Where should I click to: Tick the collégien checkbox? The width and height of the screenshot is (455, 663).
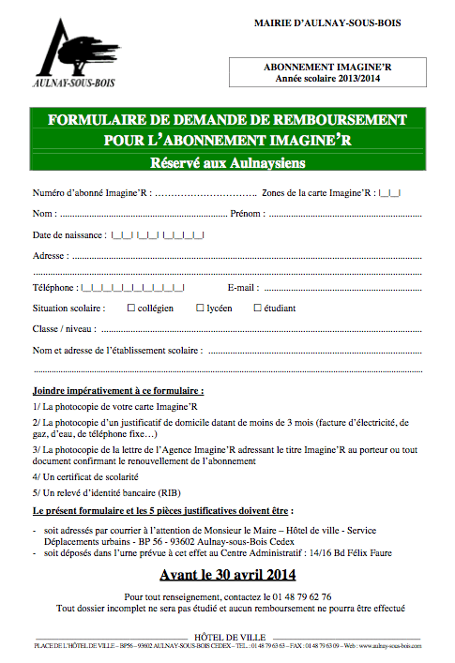(130, 308)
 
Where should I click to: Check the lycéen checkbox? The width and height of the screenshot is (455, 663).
(199, 308)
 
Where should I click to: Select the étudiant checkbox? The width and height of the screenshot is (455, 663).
(257, 308)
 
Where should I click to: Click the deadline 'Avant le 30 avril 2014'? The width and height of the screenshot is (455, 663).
(227, 574)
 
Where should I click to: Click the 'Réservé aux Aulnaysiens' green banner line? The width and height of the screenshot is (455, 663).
(227, 163)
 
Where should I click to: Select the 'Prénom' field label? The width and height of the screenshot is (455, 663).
(245, 213)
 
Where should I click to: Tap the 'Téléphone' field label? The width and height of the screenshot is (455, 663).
(54, 287)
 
